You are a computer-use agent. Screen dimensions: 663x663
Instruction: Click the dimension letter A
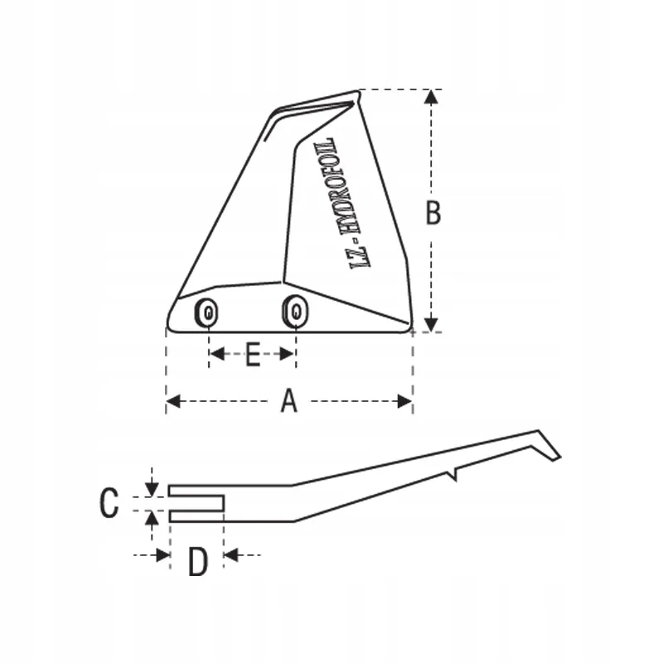[289, 401]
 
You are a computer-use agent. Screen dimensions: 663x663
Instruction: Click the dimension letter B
[433, 213]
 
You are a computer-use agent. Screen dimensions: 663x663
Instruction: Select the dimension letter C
[109, 502]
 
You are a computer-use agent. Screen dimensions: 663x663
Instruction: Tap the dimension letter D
[197, 562]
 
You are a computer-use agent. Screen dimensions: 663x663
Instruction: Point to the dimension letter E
[253, 355]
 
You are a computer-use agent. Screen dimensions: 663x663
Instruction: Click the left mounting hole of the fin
[207, 313]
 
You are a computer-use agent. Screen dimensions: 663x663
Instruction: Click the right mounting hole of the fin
[295, 312]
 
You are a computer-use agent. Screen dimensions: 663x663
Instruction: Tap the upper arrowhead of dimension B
[431, 97]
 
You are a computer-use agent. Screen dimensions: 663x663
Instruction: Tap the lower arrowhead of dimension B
[431, 325]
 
